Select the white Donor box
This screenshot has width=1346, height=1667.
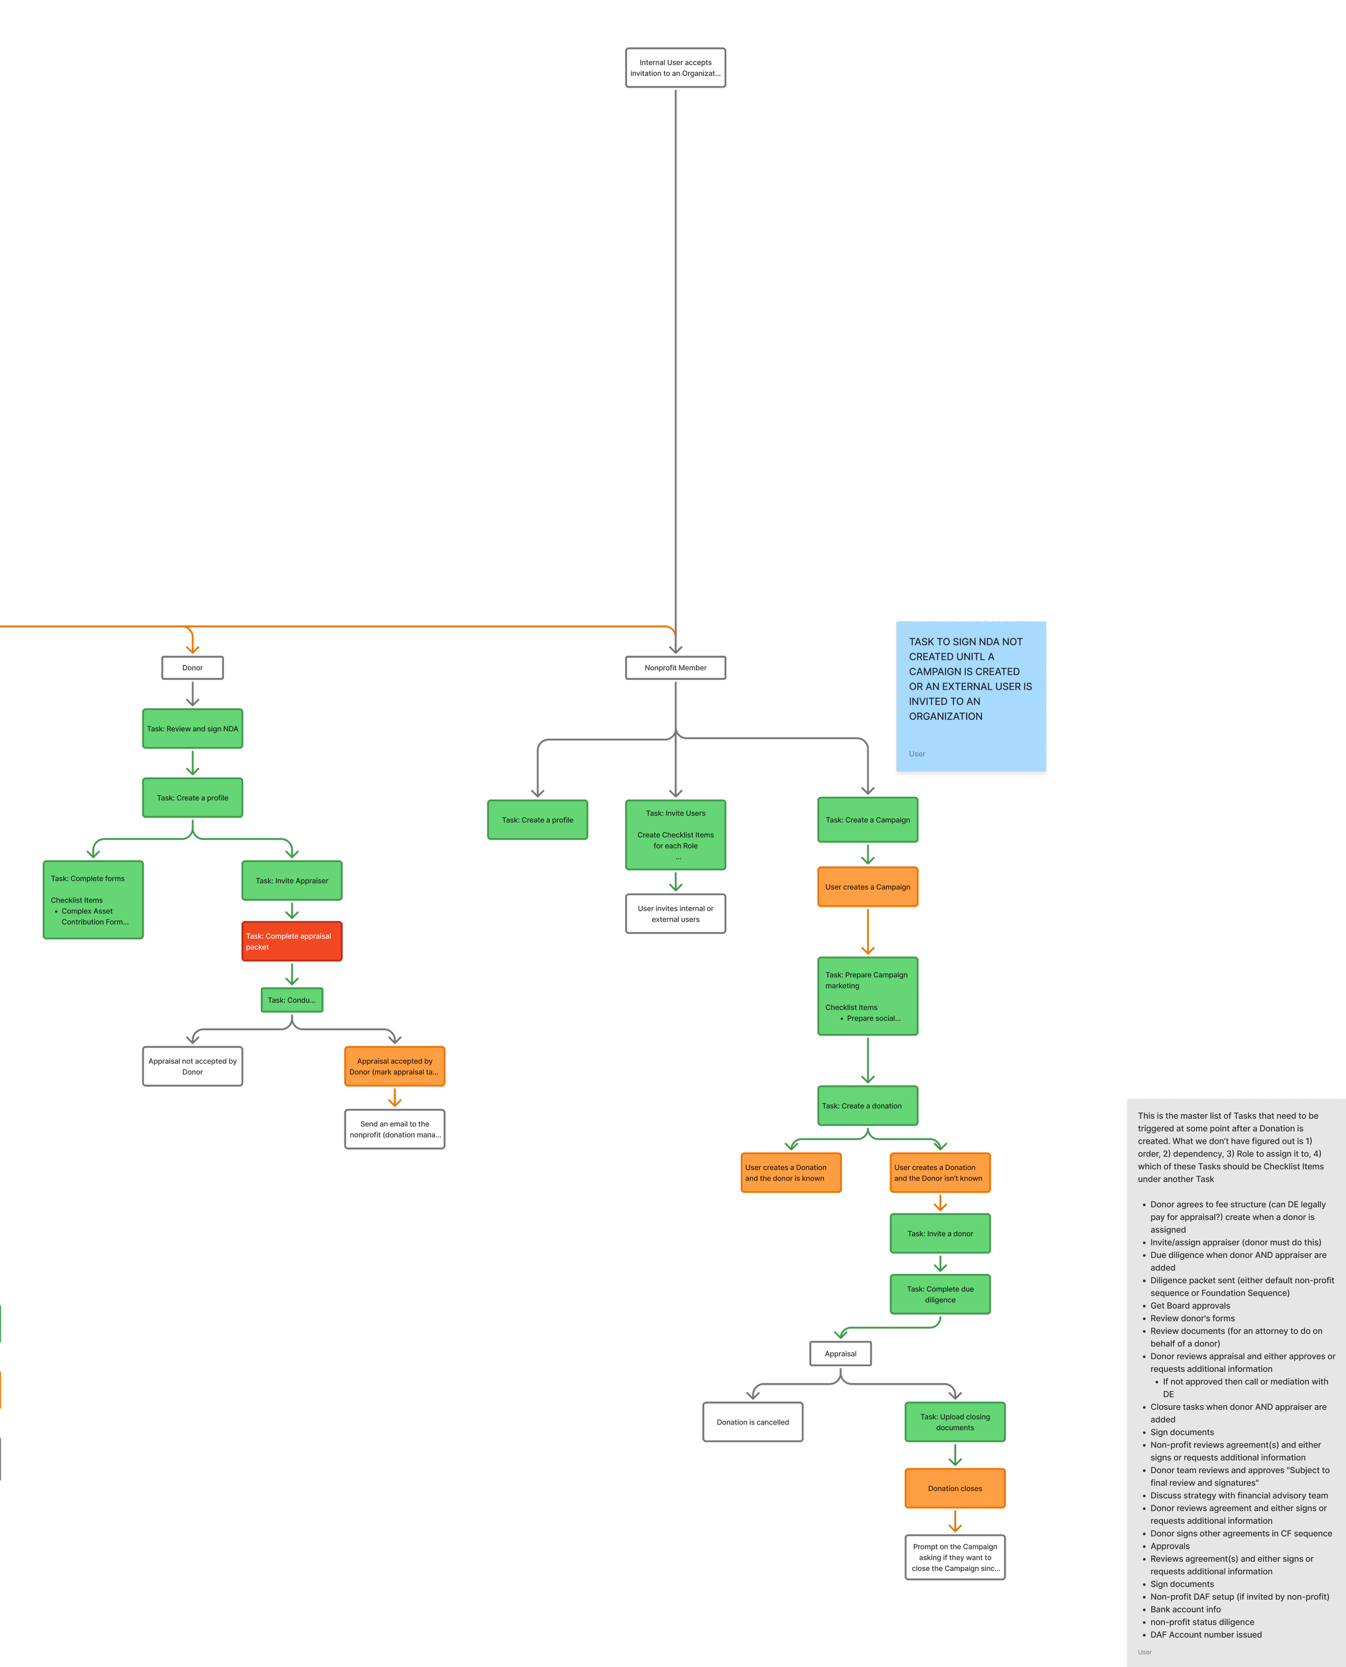click(192, 668)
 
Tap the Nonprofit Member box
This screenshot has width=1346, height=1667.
click(675, 668)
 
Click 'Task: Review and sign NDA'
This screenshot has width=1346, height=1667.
click(192, 729)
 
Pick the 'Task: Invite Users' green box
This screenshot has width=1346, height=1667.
click(675, 835)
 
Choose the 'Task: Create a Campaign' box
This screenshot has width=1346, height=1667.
click(867, 820)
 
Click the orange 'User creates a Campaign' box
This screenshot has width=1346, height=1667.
click(867, 887)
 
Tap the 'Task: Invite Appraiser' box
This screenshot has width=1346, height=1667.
click(291, 880)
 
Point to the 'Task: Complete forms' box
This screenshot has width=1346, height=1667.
click(93, 900)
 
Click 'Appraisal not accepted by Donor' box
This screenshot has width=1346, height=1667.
click(192, 1067)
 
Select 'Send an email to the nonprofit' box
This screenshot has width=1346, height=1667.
click(395, 1129)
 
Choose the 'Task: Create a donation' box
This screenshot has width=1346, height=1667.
click(867, 1106)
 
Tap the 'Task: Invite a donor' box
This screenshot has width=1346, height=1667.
click(940, 1233)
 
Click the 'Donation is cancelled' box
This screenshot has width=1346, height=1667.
click(752, 1422)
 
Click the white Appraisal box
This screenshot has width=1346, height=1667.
click(840, 1353)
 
